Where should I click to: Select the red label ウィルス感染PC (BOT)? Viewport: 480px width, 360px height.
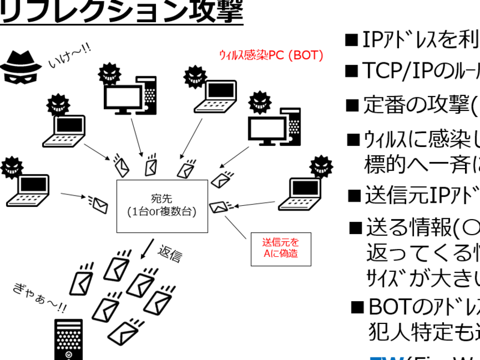[272, 56]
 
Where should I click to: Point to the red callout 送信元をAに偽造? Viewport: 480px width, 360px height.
[280, 249]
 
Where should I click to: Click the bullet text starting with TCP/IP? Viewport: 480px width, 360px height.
[420, 71]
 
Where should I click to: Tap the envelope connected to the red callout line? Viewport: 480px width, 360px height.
[218, 206]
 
